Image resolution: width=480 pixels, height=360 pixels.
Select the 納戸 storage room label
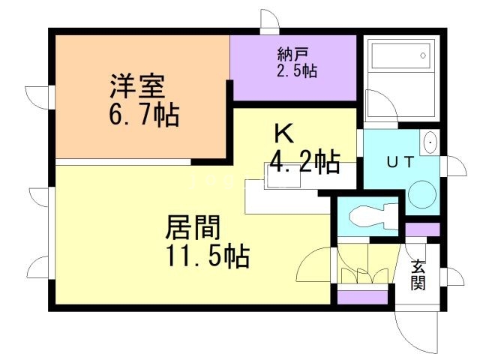tap(293, 55)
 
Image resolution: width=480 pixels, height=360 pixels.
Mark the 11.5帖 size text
tap(207, 256)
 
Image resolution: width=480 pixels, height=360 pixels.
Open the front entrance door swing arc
tap(417, 330)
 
